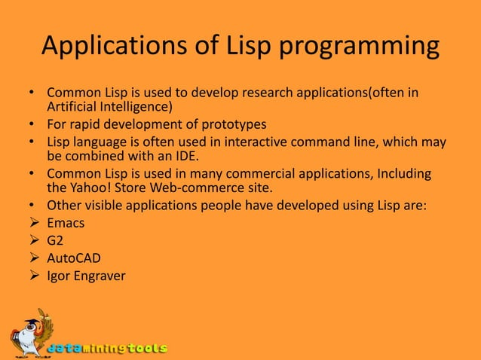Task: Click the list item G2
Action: pos(56,241)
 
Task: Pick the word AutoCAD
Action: pos(74,258)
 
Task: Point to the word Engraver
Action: pos(100,276)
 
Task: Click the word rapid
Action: pos(84,124)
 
